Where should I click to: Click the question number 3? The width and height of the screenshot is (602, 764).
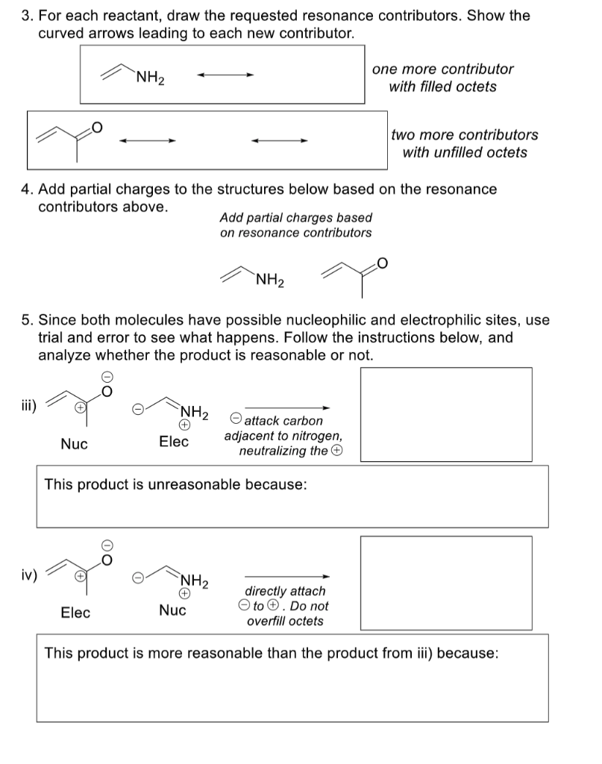pos(25,16)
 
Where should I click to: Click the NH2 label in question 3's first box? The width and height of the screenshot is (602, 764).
pos(151,77)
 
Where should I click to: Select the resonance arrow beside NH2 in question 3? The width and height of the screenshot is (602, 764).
pos(225,75)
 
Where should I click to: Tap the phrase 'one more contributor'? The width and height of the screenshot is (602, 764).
pos(442,69)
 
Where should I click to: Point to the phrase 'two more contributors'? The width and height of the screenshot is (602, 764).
pos(464,135)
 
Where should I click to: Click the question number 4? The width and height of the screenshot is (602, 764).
pos(25,190)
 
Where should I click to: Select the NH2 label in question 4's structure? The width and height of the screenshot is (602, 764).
pos(269,281)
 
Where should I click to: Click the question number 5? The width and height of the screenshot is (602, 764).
pos(25,320)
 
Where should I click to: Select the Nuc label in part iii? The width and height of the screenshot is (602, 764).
pos(74,444)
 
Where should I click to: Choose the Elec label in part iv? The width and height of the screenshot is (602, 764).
pos(75,613)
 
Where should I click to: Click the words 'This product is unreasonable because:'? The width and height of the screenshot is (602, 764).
pos(175,484)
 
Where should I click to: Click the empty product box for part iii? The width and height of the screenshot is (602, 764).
pos(446,409)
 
